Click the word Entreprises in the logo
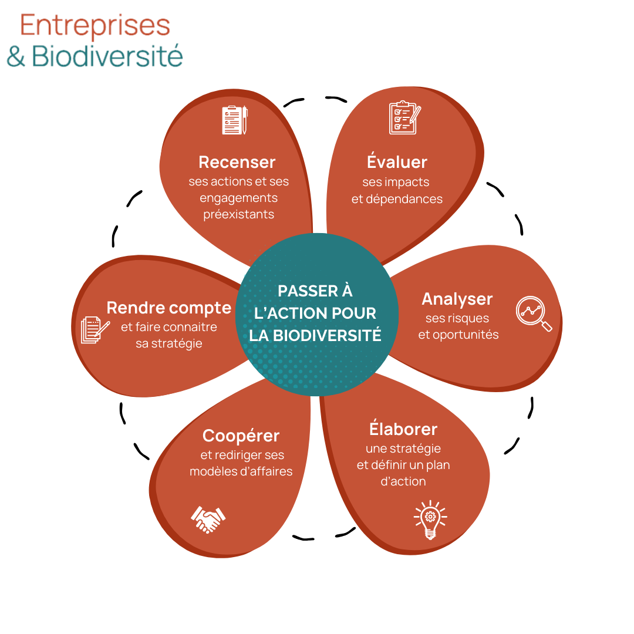tap(95, 26)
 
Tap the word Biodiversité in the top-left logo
tap(107, 57)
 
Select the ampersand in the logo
tap(16, 57)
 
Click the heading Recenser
tap(237, 162)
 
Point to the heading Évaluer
tap(397, 162)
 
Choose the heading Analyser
tap(457, 299)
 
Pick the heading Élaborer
tap(403, 429)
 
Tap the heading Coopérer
tap(241, 436)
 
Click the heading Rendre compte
tap(169, 308)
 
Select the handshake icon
tap(208, 519)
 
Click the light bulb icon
tap(430, 520)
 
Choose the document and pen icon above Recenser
tap(235, 120)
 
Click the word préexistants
tap(239, 214)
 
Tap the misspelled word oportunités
tap(466, 335)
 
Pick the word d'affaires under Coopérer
tap(267, 471)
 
